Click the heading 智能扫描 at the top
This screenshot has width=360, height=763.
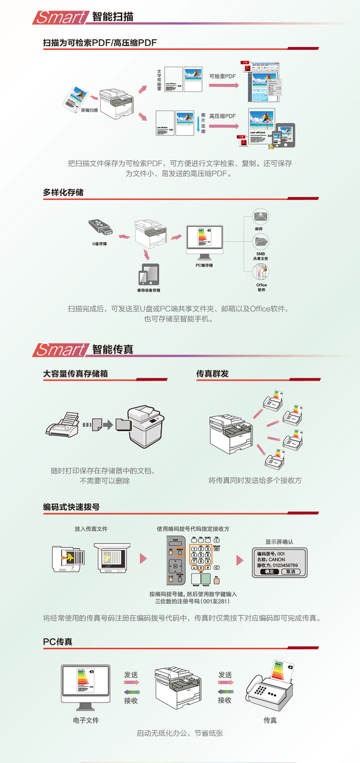(112, 17)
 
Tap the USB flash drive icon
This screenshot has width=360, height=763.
(100, 227)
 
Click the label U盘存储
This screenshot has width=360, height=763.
(100, 243)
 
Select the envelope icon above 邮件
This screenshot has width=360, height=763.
(261, 217)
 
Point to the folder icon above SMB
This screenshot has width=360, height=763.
(261, 241)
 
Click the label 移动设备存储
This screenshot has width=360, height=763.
(149, 291)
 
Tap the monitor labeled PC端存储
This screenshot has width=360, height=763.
(204, 242)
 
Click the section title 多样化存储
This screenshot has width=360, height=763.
(63, 193)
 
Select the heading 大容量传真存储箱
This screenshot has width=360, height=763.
(75, 374)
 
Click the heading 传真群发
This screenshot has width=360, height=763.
(212, 374)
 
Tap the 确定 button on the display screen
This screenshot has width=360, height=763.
(269, 572)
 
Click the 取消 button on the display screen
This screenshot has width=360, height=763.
(291, 572)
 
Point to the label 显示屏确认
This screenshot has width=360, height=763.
(279, 542)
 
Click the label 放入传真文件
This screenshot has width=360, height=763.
(91, 529)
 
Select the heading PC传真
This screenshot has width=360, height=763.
(58, 642)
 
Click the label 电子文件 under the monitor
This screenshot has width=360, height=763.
(86, 720)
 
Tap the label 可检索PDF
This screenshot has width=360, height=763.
(223, 76)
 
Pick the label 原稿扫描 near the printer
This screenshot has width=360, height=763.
(89, 110)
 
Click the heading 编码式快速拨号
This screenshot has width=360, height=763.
(72, 507)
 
